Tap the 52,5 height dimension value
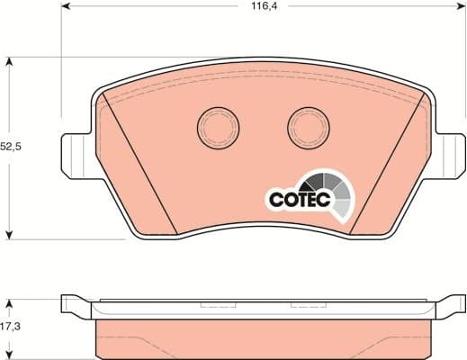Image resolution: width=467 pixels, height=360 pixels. pos(10,146)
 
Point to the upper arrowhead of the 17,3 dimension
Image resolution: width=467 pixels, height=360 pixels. pos(10,301)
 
